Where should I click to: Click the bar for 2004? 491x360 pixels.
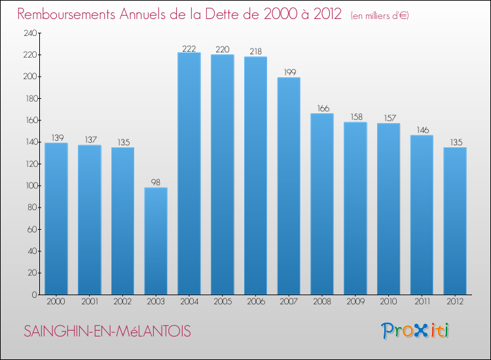189,173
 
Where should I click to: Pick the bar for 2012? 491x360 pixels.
454,221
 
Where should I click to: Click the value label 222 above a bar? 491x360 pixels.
189,48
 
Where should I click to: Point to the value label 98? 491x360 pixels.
156,183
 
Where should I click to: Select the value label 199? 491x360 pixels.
288,73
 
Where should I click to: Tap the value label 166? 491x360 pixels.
321,109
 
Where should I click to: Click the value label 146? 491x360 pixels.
422,130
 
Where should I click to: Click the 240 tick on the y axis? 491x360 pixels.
28,33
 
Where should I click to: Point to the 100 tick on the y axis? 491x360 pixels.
28,186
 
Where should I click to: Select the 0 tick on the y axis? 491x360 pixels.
33,295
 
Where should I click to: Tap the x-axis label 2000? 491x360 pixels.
56,303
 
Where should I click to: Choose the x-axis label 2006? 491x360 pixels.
255,303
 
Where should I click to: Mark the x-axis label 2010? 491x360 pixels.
388,303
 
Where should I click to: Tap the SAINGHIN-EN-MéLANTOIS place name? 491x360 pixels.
107,332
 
